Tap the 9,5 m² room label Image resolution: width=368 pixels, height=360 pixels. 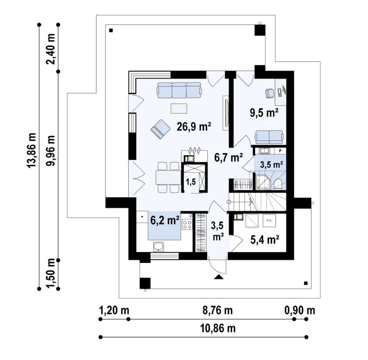[264, 113]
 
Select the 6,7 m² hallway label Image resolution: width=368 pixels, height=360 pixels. [228, 157]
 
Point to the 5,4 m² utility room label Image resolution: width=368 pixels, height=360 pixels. [265, 240]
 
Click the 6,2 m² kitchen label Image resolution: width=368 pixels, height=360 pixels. [165, 221]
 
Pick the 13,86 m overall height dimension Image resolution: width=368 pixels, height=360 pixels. [32, 150]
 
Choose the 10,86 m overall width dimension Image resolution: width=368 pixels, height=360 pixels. [218, 328]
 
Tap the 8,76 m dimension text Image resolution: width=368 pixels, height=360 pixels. [218, 310]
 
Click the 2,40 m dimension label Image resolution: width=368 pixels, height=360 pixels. [50, 49]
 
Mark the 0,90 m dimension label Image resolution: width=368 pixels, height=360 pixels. [300, 310]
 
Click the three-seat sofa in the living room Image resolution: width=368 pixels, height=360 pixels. [179, 90]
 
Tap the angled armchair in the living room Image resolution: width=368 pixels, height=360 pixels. [160, 129]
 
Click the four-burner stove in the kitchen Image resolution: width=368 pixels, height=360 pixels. [187, 224]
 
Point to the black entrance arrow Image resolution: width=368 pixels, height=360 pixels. [219, 277]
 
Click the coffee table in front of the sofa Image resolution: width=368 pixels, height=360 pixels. [179, 108]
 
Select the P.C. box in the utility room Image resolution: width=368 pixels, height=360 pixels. [269, 221]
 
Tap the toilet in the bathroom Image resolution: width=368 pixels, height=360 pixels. [278, 184]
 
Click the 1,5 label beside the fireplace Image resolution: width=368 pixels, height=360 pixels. [191, 182]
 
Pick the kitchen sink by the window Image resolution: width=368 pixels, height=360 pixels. [159, 247]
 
